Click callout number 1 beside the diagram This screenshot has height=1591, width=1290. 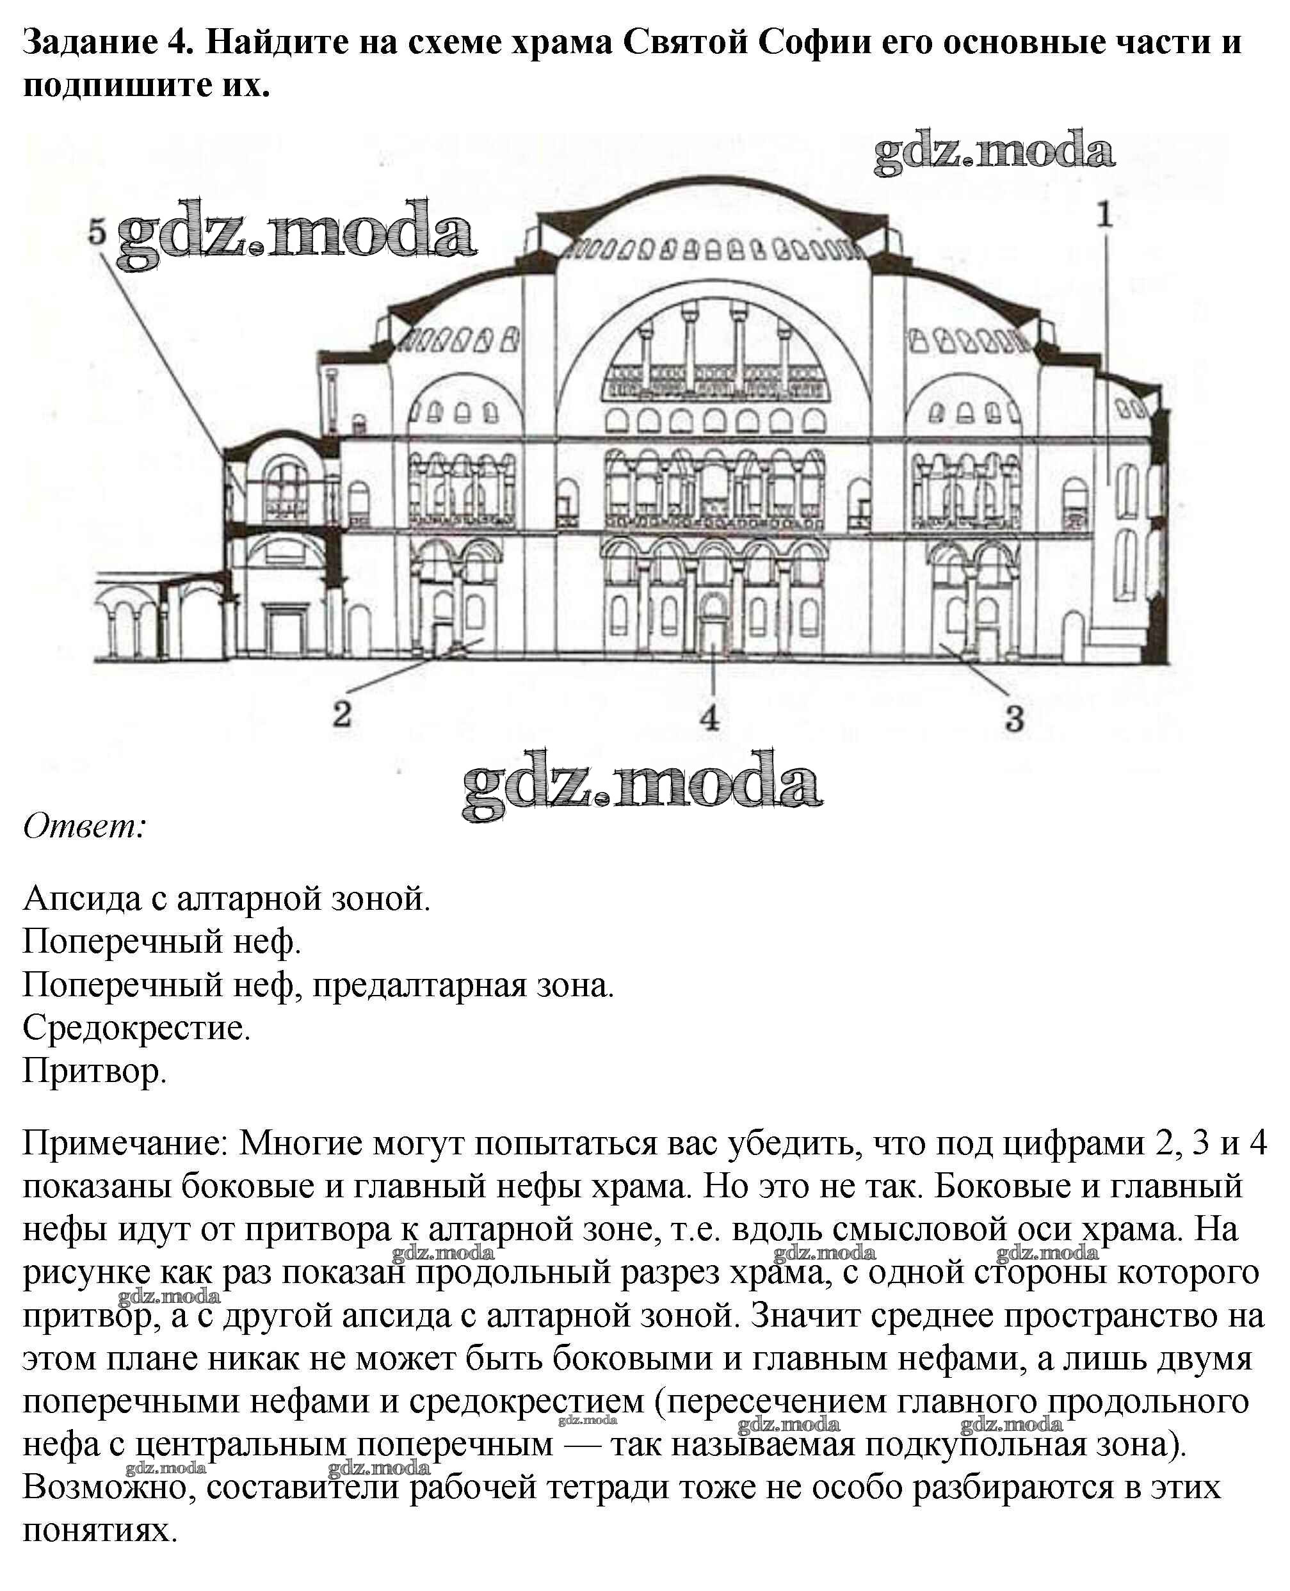[x=1105, y=216]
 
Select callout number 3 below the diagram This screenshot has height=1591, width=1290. [x=1014, y=718]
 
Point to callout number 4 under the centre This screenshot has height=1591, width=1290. [x=711, y=718]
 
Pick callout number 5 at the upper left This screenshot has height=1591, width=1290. [x=97, y=232]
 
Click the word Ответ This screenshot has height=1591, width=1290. [x=84, y=827]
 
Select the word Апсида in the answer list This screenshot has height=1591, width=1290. [x=82, y=899]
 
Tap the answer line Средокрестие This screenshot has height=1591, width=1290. [x=136, y=1028]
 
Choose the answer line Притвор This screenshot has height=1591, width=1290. [x=94, y=1072]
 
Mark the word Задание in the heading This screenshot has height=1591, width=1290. [x=90, y=42]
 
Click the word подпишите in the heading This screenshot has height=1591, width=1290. [x=111, y=85]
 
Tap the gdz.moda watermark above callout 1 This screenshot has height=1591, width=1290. [x=994, y=152]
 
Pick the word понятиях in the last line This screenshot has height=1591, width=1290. [x=101, y=1531]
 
